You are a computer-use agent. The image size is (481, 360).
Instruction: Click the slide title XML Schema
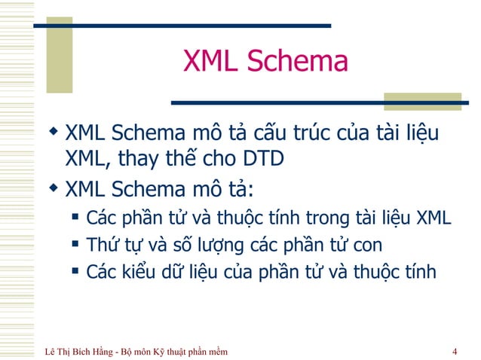click(265, 62)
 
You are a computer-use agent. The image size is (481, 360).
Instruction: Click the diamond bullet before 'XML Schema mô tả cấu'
click(53, 134)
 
